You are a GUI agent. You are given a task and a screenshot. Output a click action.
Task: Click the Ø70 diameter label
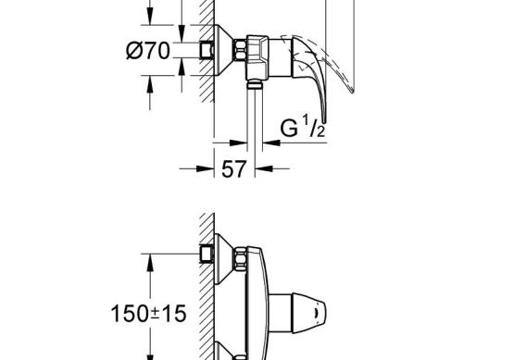tap(148, 51)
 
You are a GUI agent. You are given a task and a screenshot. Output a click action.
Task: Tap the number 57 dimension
tap(233, 169)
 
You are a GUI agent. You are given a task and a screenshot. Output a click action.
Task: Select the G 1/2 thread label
tap(303, 127)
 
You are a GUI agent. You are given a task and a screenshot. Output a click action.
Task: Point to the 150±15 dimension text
tap(148, 314)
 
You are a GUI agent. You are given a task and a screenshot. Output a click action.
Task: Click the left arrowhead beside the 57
tap(206, 168)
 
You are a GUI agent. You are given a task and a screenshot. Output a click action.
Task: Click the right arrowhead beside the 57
tap(264, 168)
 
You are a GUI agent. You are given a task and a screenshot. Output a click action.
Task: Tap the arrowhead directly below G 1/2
tap(271, 143)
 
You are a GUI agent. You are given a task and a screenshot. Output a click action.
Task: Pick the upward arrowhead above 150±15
tap(150, 263)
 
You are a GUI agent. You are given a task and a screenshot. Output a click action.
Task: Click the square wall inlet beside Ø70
tap(207, 51)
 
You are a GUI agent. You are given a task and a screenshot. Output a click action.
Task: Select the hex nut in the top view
tap(240, 50)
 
